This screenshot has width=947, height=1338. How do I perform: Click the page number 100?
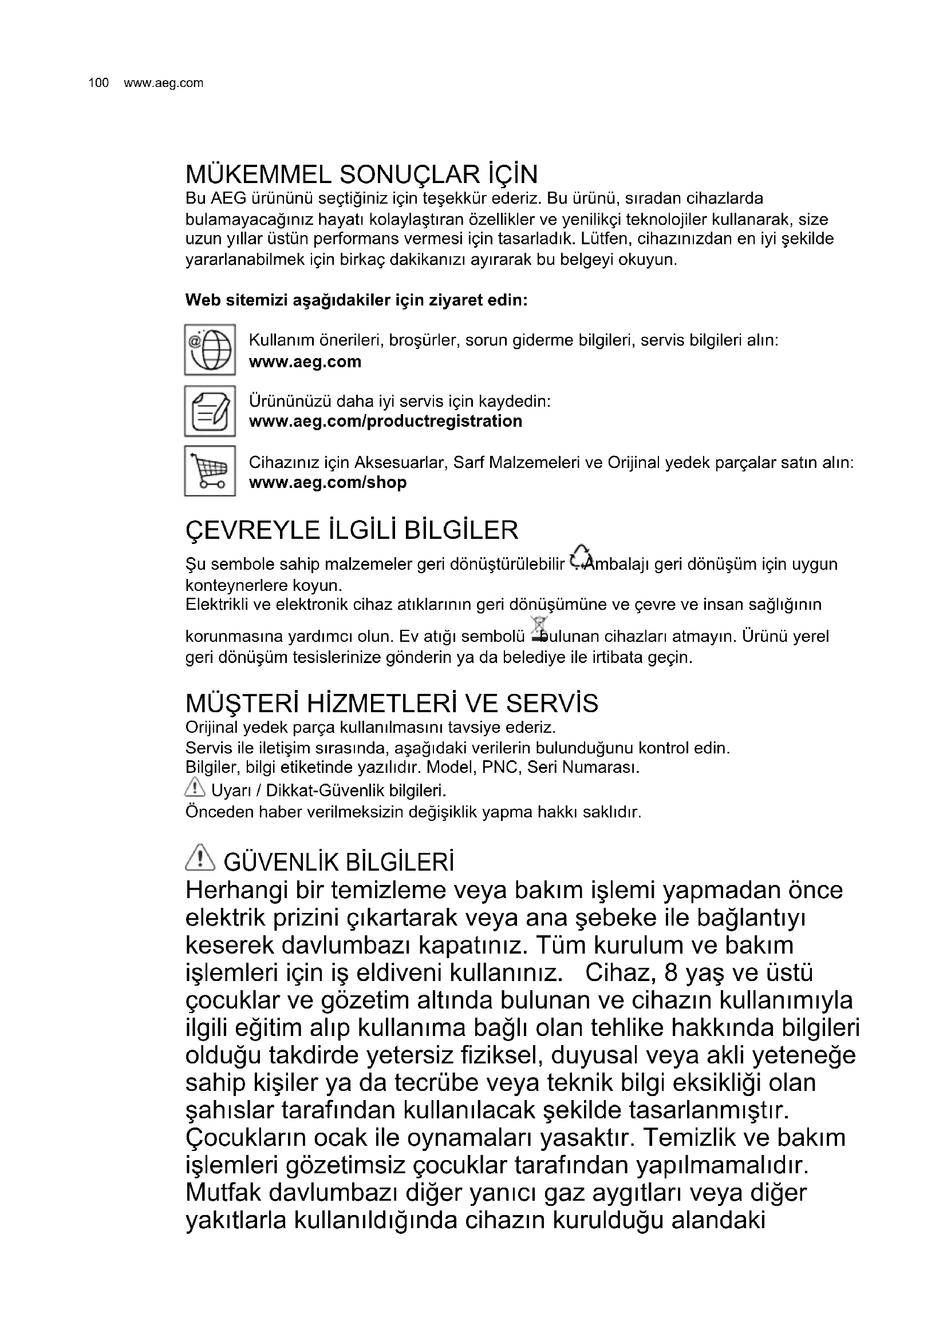[x=98, y=84]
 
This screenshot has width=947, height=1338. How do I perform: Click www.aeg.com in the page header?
[x=163, y=84]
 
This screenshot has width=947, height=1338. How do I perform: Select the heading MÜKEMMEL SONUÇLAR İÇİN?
[x=361, y=174]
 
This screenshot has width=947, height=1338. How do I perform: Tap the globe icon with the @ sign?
[x=210, y=350]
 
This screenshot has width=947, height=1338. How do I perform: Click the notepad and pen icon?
[x=210, y=411]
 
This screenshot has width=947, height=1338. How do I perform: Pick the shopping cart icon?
[x=210, y=471]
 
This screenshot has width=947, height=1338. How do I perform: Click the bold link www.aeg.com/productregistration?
[x=385, y=422]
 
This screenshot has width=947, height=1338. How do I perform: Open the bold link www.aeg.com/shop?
[x=327, y=483]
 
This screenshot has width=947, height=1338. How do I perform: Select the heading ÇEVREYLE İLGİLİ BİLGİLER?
[x=352, y=530]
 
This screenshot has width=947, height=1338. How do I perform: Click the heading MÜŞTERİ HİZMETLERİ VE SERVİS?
[x=391, y=704]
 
